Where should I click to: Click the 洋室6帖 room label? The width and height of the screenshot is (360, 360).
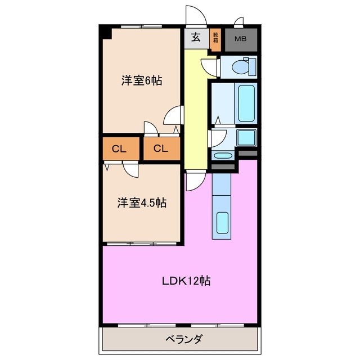pyautogui.click(x=142, y=80)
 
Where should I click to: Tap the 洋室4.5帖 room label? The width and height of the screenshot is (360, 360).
pyautogui.click(x=142, y=203)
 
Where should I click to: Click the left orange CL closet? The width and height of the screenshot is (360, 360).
pyautogui.click(x=118, y=149)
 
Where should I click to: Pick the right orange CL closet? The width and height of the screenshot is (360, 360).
pyautogui.click(x=161, y=149)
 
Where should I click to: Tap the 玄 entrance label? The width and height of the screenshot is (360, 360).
pyautogui.click(x=196, y=38)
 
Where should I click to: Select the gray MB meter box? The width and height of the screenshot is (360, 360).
pyautogui.click(x=240, y=39)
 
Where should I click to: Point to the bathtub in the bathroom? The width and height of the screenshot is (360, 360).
pyautogui.click(x=247, y=103)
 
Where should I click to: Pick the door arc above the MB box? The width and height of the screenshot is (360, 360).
pyautogui.click(x=238, y=23)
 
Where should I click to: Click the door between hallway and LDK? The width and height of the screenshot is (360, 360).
pyautogui.click(x=195, y=181)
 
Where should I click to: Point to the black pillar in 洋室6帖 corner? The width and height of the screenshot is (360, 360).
pyautogui.click(x=106, y=33)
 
